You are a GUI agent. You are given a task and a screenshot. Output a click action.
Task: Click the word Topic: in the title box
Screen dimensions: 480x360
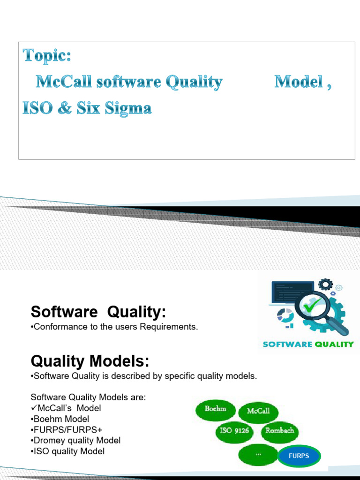pyautogui.click(x=47, y=56)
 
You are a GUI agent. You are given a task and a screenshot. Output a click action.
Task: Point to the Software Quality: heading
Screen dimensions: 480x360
pyautogui.click(x=98, y=312)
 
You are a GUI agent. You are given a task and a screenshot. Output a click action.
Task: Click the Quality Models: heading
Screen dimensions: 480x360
pyautogui.click(x=90, y=361)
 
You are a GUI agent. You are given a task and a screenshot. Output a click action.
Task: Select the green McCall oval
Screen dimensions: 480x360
pyautogui.click(x=258, y=412)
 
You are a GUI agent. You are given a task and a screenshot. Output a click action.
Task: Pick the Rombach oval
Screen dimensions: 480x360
pyautogui.click(x=280, y=431)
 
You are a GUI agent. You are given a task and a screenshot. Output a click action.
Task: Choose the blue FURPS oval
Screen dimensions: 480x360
pyautogui.click(x=299, y=456)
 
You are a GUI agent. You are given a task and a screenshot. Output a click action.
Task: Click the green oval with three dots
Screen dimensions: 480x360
pyautogui.click(x=258, y=454)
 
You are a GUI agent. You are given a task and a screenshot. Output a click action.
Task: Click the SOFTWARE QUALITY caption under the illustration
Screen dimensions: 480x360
pyautogui.click(x=308, y=345)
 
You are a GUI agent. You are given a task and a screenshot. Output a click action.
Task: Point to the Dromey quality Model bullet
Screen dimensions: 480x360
pyautogui.click(x=75, y=441)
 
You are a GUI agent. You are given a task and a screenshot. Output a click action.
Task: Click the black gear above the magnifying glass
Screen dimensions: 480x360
pyautogui.click(x=325, y=285)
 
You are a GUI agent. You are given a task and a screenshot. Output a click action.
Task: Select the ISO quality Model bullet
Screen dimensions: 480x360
pyautogui.click(x=67, y=451)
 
